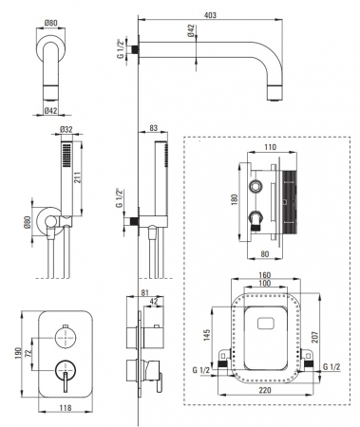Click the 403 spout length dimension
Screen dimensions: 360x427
[x=210, y=15]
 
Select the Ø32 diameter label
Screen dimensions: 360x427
[x=66, y=129]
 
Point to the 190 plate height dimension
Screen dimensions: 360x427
[x=18, y=353]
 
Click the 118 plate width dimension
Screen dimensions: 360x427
[x=66, y=408]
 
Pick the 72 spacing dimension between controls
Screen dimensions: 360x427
[x=28, y=354]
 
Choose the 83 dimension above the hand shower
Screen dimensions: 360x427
[x=153, y=128]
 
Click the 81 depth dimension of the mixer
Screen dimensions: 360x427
[x=144, y=292]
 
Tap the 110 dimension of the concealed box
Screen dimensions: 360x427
[x=270, y=147]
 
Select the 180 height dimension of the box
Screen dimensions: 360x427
[x=235, y=199]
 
